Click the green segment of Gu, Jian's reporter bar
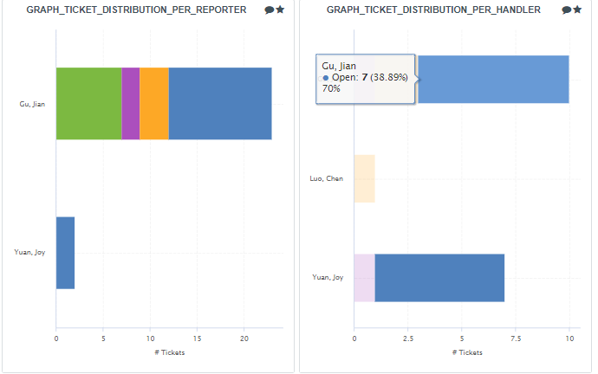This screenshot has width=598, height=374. click(88, 103)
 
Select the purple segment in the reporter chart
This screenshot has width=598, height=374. click(130, 103)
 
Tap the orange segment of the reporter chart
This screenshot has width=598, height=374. click(153, 103)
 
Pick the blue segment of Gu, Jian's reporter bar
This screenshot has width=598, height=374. click(219, 103)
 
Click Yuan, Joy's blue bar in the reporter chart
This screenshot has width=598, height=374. click(65, 253)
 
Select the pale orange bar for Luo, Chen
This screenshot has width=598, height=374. click(364, 178)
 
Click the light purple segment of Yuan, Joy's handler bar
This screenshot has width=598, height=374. click(364, 278)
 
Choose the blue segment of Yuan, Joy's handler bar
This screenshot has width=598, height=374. click(439, 278)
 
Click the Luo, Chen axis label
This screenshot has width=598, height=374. click(327, 179)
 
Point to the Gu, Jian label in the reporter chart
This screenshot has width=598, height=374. click(32, 104)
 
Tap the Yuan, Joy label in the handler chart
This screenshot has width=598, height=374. click(328, 278)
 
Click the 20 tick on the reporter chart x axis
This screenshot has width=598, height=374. click(244, 339)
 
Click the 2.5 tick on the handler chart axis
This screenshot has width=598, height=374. click(407, 339)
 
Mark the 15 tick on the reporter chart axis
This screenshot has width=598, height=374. click(198, 339)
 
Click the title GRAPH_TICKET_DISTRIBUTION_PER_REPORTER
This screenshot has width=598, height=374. click(136, 10)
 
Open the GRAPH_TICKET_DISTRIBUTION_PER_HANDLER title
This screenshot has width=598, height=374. click(434, 10)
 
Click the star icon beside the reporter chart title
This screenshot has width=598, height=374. click(280, 10)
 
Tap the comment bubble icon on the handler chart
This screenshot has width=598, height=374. click(566, 10)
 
